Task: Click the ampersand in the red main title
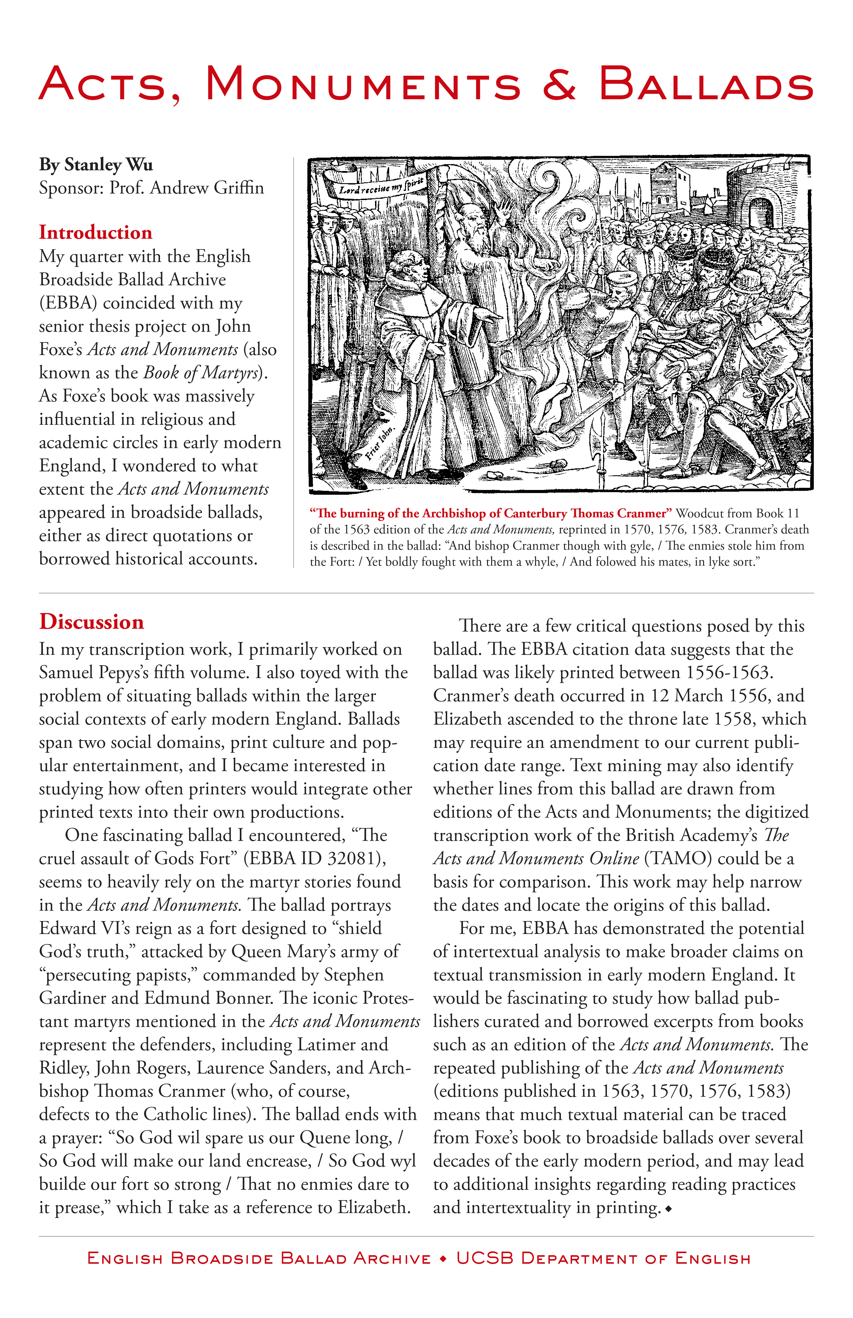(x=559, y=84)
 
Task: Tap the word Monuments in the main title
(x=363, y=84)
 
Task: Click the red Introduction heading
(x=95, y=233)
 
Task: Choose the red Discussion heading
(x=92, y=622)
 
